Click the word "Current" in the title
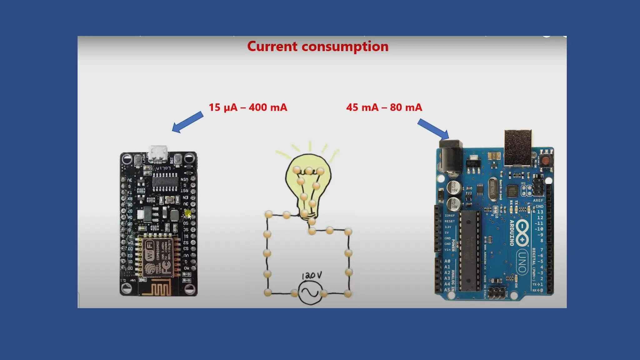[272, 46]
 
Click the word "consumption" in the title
[345, 47]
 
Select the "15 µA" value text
[223, 107]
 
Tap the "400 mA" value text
[268, 107]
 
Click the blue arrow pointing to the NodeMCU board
[187, 122]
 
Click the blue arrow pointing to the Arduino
[433, 129]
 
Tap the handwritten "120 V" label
[312, 276]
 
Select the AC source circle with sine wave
[310, 292]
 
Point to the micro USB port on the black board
[158, 153]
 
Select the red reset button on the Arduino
[545, 161]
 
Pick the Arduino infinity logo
[522, 233]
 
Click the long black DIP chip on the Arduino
[469, 250]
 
